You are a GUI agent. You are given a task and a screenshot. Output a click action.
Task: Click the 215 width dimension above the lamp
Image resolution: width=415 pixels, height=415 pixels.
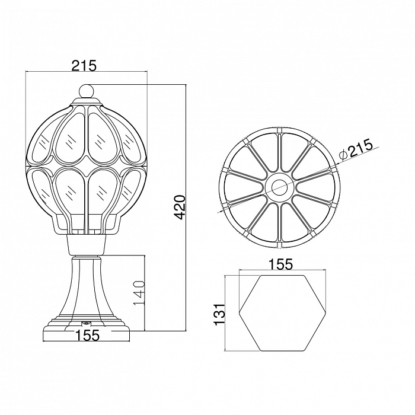pyautogui.click(x=84, y=66)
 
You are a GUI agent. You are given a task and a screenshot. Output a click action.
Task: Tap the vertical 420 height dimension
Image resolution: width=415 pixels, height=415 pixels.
pyautogui.click(x=180, y=207)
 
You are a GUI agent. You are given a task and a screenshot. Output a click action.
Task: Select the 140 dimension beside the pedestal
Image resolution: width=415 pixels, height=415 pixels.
pyautogui.click(x=139, y=293)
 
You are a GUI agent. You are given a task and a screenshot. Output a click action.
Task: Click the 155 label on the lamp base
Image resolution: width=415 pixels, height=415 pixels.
pyautogui.click(x=87, y=335)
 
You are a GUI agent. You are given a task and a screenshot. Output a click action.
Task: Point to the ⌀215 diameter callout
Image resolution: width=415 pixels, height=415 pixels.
pyautogui.click(x=356, y=151)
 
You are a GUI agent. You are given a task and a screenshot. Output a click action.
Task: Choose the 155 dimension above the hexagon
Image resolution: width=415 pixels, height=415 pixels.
pyautogui.click(x=280, y=264)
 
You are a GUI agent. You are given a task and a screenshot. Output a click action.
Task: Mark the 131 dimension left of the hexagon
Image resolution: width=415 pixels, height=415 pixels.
pyautogui.click(x=220, y=314)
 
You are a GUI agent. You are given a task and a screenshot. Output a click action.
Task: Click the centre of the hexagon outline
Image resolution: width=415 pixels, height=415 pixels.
pyautogui.click(x=282, y=313)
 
